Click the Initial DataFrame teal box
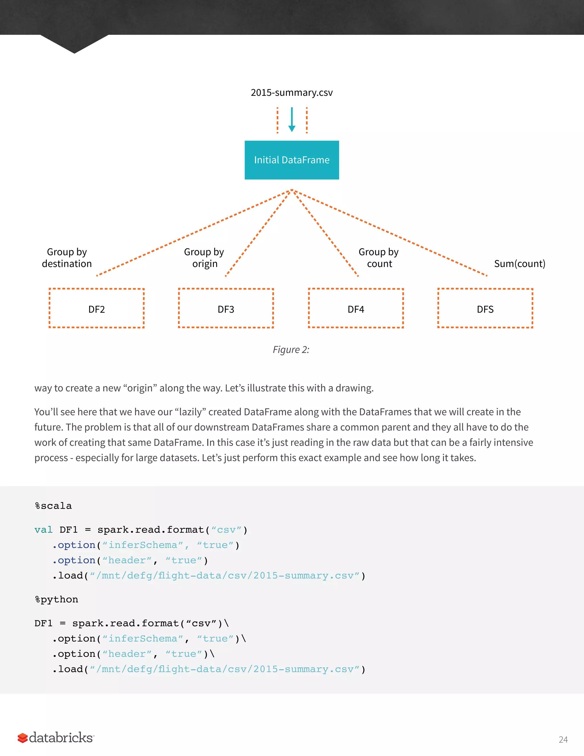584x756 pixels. pyautogui.click(x=292, y=160)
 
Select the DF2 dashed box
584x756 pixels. pyautogui.click(x=97, y=308)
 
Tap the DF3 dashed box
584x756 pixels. pyautogui.click(x=226, y=308)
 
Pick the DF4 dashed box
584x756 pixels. pyautogui.click(x=356, y=308)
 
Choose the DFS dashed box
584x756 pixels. pyautogui.click(x=485, y=308)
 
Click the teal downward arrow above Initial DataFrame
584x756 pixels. pyautogui.click(x=292, y=120)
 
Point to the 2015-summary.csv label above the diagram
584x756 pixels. pyautogui.click(x=292, y=92)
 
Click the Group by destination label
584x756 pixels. pyautogui.click(x=67, y=258)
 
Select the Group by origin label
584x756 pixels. pyautogui.click(x=204, y=258)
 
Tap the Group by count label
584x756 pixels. pyautogui.click(x=379, y=258)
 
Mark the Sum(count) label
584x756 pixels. pyautogui.click(x=519, y=264)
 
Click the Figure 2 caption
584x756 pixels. pyautogui.click(x=291, y=350)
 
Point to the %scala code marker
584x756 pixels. pyautogui.click(x=53, y=506)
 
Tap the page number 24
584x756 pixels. pyautogui.click(x=563, y=740)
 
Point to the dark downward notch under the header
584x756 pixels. pyautogui.click(x=74, y=44)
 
